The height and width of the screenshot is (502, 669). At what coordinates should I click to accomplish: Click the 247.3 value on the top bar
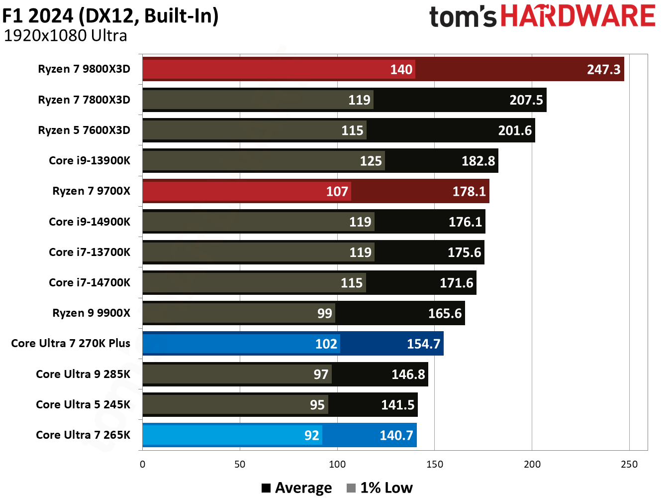point(603,69)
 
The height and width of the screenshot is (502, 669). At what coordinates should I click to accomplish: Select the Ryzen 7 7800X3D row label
point(84,100)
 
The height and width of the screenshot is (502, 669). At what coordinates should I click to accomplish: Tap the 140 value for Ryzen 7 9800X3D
point(401,69)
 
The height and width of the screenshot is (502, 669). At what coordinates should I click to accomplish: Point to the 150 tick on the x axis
point(434,464)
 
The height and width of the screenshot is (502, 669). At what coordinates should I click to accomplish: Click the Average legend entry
point(297,488)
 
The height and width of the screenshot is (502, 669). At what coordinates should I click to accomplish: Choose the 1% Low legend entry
point(380,488)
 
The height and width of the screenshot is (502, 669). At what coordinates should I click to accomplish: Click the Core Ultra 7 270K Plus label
point(71,343)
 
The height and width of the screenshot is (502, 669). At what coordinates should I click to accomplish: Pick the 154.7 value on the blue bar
point(423,344)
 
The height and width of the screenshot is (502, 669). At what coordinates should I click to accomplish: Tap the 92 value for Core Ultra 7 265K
point(311,435)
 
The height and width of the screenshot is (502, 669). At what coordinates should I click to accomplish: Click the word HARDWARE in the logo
point(577,16)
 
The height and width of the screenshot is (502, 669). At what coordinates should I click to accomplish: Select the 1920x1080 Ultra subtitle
point(65,36)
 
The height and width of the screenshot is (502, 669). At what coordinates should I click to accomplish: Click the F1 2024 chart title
point(110,15)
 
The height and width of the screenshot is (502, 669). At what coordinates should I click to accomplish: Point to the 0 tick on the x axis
point(143,464)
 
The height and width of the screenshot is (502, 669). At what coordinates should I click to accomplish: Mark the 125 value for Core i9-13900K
point(371,161)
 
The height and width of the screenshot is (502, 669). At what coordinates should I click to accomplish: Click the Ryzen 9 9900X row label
point(91,313)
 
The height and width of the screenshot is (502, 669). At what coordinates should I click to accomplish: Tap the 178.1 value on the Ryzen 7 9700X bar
point(469,191)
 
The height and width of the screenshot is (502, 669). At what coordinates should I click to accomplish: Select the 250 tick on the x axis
point(629,464)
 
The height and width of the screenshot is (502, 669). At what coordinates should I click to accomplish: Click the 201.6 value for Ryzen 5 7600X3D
point(515,130)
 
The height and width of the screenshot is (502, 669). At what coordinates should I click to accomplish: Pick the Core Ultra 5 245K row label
point(83,404)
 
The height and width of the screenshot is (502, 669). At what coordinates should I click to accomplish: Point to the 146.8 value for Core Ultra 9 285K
point(408,374)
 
